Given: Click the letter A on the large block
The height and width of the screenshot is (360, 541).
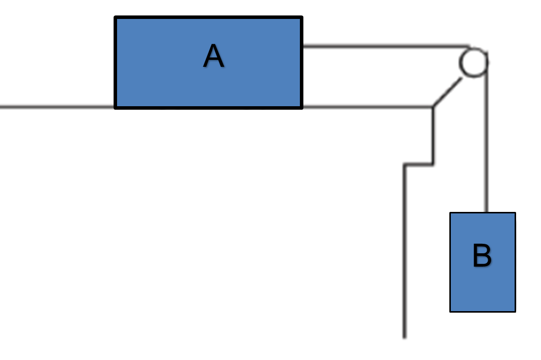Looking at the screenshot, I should pos(214,56).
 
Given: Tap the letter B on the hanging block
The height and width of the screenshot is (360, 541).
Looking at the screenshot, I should pos(482,256).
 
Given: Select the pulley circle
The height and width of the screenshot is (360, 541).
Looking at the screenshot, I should pos(473,62).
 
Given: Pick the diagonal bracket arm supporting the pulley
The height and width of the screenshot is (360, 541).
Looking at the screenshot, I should pos(447,92).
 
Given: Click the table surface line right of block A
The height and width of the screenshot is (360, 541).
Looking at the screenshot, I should pos(366,107).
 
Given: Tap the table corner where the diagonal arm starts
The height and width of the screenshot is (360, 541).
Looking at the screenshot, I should pos(433,107).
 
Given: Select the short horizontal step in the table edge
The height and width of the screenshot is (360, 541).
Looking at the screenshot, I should pos(418,164).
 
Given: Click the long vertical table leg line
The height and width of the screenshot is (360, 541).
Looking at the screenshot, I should pos(405,249).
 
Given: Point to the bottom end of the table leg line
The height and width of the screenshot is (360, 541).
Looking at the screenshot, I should pos(405,338).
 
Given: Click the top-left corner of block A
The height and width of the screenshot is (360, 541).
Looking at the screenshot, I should pos(116,18).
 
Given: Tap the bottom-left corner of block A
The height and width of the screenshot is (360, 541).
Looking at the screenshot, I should pos(116,107).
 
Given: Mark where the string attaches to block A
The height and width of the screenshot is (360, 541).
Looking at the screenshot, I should pos(302,46).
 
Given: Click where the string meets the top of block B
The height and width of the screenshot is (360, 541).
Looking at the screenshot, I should pos(487,213).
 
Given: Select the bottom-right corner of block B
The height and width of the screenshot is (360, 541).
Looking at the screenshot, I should pos(515,311).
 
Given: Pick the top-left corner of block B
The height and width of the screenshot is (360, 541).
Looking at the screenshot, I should pos(451,213).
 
